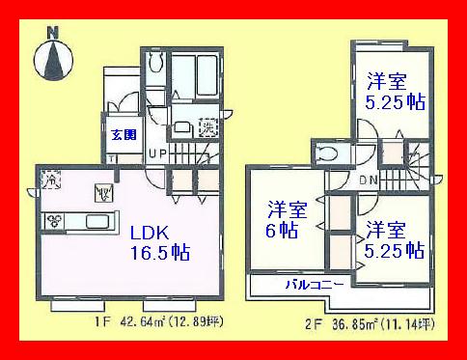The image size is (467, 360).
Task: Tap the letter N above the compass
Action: click(53, 32)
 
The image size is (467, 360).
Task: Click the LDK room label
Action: click(151, 233)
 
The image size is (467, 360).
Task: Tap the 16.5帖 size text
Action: click(159, 254)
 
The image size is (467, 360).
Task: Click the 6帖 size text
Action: click(282, 232)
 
